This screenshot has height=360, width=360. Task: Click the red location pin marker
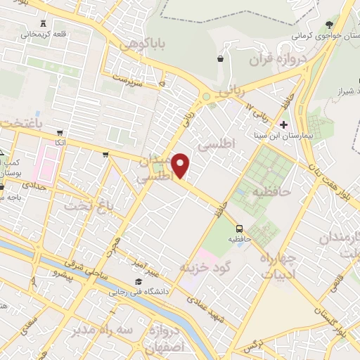click(181, 166)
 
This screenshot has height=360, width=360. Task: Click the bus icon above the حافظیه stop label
click(240, 229)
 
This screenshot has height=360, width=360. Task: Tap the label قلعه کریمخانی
click(44, 32)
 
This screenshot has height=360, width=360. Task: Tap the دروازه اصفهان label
click(161, 338)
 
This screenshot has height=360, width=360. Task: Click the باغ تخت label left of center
click(89, 207)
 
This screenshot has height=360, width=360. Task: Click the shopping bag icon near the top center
click(222, 60)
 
